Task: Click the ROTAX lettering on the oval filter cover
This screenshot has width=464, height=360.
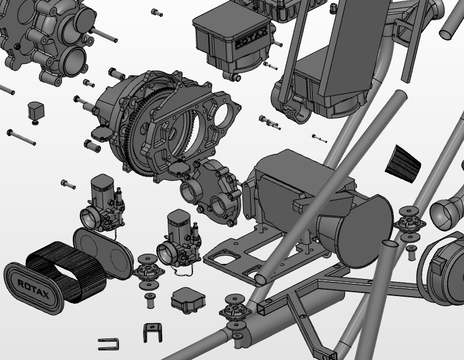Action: tap(34, 289)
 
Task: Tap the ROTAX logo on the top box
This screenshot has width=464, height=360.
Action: tap(251, 39)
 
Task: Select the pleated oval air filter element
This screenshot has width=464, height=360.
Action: tap(66, 271)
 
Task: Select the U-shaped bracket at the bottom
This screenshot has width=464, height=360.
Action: tap(153, 333)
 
